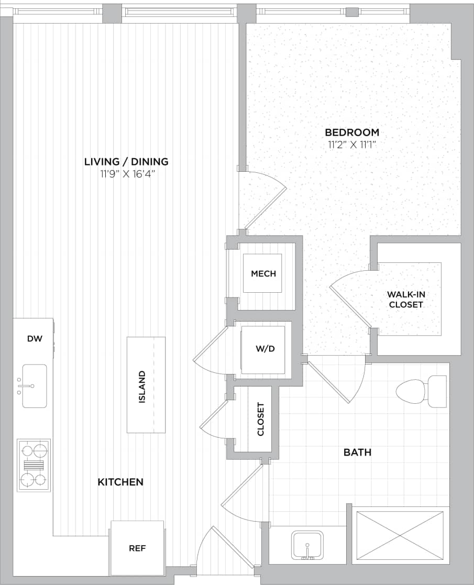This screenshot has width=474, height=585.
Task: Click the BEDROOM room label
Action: point(352,133)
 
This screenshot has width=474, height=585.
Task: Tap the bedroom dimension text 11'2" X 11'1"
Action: point(352,145)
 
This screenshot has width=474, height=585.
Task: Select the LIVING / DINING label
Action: point(126,161)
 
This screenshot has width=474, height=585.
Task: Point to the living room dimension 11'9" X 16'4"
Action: point(126,173)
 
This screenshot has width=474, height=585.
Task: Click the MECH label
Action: point(263,273)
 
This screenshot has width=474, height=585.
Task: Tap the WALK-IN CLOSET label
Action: point(405,299)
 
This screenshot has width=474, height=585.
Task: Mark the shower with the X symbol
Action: point(400,535)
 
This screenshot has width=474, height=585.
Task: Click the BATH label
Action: point(357,452)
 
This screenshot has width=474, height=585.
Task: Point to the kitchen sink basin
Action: point(34,386)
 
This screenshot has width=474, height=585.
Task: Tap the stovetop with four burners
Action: point(34,465)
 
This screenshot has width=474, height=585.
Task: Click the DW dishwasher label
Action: point(34,339)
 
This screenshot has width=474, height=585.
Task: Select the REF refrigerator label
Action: point(137,548)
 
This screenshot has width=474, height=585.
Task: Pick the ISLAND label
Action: point(142,388)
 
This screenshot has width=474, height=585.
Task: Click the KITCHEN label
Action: point(120,482)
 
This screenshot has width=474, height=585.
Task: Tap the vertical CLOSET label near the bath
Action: point(261,419)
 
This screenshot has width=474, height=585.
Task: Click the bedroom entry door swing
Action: point(262,199)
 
